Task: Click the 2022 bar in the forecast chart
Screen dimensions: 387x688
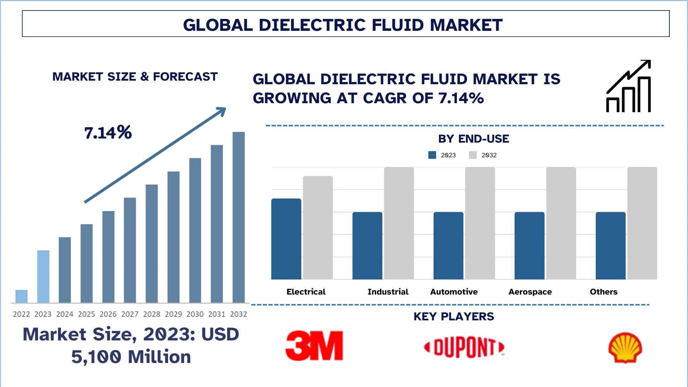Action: (21, 296)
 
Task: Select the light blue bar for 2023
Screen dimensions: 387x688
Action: (43, 276)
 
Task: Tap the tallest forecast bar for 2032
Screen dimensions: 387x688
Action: (239, 217)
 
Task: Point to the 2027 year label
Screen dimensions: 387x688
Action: (130, 314)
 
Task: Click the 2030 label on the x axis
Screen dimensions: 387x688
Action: (195, 314)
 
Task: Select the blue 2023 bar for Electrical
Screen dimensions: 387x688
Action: (286, 239)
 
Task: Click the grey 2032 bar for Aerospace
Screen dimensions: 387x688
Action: (561, 223)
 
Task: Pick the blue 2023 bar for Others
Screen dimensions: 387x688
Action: (611, 246)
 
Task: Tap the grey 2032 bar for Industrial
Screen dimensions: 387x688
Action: (399, 223)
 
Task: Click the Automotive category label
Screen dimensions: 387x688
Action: (454, 292)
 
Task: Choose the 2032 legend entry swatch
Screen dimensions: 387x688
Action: (473, 155)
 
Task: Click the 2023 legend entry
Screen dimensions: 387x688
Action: (442, 155)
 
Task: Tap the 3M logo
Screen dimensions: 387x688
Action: (314, 346)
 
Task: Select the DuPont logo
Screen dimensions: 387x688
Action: (464, 347)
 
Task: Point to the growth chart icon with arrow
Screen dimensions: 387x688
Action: (629, 86)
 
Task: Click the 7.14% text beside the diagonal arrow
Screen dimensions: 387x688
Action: (108, 133)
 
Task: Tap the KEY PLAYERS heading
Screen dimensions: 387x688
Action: (454, 317)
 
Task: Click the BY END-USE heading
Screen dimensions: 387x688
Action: (473, 139)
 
